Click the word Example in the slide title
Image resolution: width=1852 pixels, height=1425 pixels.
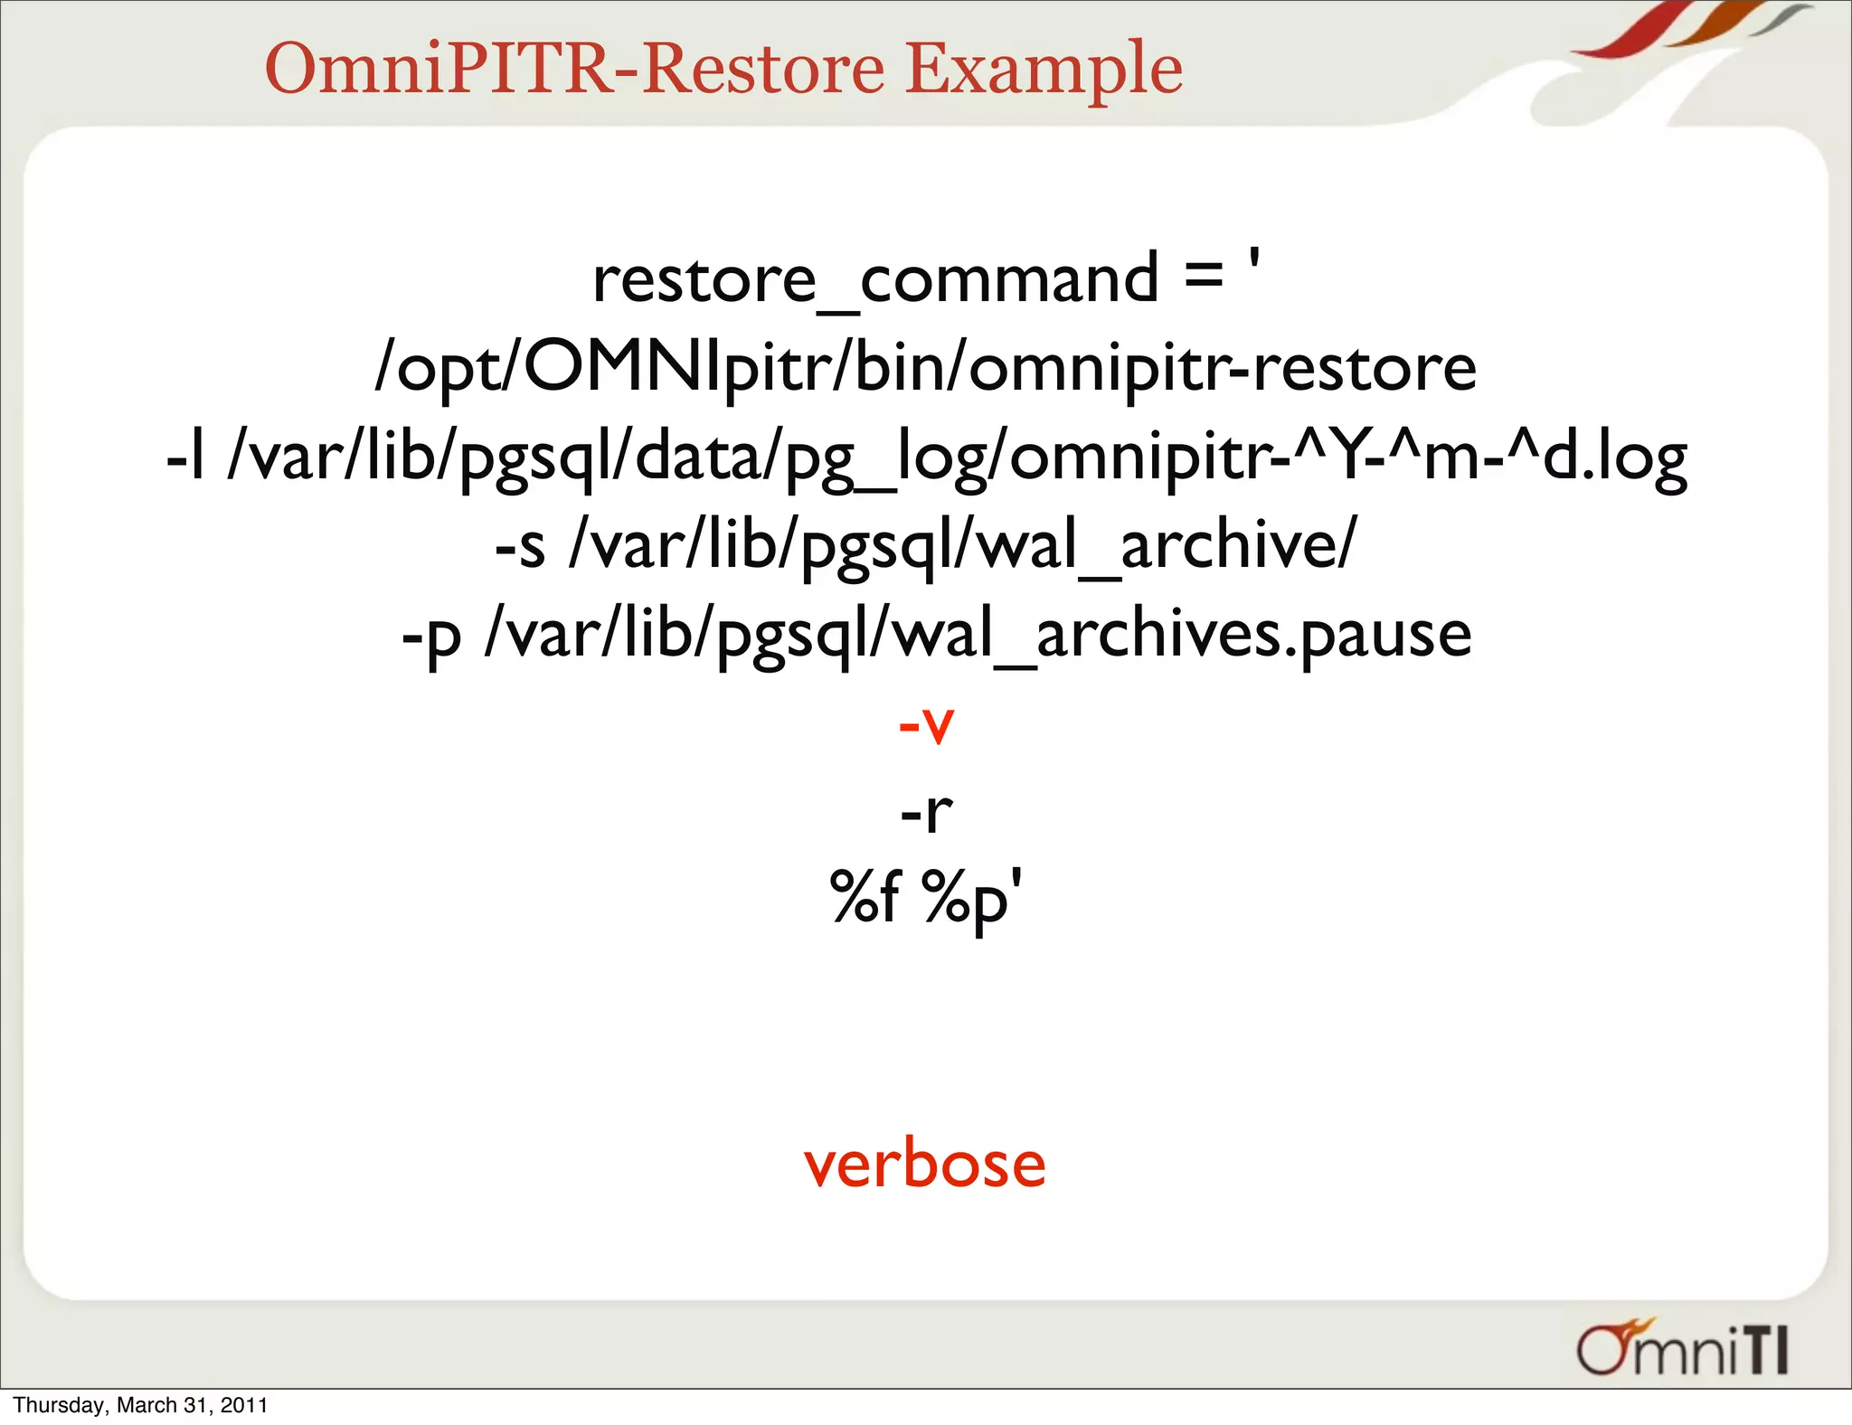coord(1044,71)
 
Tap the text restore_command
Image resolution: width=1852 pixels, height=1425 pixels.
coord(874,279)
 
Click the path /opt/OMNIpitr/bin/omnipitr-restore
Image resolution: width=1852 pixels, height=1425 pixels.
coord(925,368)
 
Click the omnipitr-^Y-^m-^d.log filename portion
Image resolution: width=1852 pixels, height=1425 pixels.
coord(1347,457)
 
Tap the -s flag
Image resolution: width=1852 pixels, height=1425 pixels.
coord(520,545)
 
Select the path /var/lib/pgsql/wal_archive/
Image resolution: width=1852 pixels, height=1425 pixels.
coord(963,545)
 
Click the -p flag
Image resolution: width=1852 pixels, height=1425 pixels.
coord(431,635)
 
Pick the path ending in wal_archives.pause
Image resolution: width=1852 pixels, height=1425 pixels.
coord(978,635)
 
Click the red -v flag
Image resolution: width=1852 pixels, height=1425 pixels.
coord(926,724)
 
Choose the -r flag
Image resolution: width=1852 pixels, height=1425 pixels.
coord(926,812)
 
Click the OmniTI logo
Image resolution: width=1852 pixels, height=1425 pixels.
coord(1682,1351)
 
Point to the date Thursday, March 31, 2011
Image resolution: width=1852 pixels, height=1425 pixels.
coord(140,1405)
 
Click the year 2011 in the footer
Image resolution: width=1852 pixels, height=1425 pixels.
coord(245,1405)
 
